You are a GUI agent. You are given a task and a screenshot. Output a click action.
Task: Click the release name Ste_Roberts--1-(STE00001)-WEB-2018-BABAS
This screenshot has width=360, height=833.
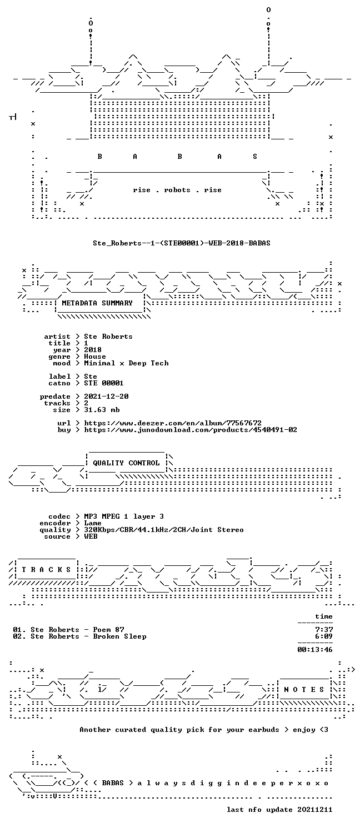182,243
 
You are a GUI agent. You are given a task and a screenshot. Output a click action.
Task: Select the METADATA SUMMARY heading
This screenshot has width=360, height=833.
97,303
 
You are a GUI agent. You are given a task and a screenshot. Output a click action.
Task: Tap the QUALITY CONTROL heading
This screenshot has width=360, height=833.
126,463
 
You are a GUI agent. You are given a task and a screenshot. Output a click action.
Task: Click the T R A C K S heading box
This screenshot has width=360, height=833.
46,570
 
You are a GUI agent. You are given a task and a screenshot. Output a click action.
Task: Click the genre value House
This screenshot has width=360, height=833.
95,357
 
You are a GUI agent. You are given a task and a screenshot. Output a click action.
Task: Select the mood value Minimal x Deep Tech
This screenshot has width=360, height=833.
126,363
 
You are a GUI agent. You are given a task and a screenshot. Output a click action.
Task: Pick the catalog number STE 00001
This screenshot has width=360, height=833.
104,383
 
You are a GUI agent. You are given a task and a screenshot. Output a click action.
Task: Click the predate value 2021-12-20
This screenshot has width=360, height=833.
106,397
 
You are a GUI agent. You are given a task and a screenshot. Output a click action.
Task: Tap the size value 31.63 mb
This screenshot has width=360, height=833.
102,410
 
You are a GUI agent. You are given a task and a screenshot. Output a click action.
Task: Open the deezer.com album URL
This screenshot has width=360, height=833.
173,423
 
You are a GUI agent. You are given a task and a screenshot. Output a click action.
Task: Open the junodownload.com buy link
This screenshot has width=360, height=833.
191,430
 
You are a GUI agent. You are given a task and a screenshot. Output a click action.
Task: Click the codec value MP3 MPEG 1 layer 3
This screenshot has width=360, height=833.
124,516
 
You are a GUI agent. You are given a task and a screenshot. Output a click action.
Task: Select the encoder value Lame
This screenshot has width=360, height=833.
93,523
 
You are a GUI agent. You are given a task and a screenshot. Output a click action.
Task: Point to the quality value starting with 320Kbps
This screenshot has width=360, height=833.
164,530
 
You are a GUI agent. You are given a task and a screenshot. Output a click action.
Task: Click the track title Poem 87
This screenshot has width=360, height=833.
108,630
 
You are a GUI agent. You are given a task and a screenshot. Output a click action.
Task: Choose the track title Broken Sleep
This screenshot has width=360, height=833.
120,636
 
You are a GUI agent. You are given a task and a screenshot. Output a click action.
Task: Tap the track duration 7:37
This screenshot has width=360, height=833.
324,630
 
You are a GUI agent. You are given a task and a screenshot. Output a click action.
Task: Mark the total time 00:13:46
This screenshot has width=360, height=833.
315,650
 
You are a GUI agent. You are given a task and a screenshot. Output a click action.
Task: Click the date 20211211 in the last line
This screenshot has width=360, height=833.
315,810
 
